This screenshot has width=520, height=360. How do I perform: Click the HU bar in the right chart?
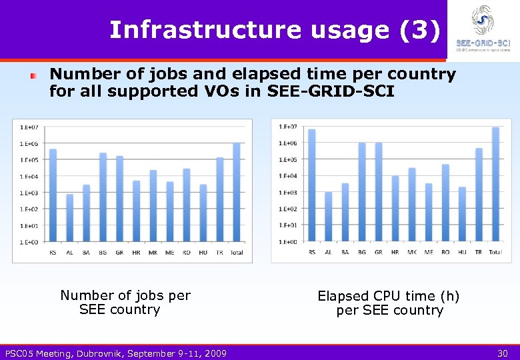click(462, 214)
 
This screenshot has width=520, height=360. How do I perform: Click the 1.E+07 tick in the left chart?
click(29, 127)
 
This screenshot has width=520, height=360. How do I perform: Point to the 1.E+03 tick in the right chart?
click(287, 193)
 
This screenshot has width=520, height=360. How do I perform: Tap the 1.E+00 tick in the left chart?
click(29, 242)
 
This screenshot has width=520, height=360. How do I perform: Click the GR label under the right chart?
click(379, 252)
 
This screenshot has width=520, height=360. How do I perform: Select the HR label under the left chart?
click(137, 252)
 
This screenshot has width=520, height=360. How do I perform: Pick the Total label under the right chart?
click(495, 252)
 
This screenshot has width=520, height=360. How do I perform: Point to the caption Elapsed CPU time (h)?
click(389, 296)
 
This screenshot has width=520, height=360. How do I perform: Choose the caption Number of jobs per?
click(125, 295)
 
